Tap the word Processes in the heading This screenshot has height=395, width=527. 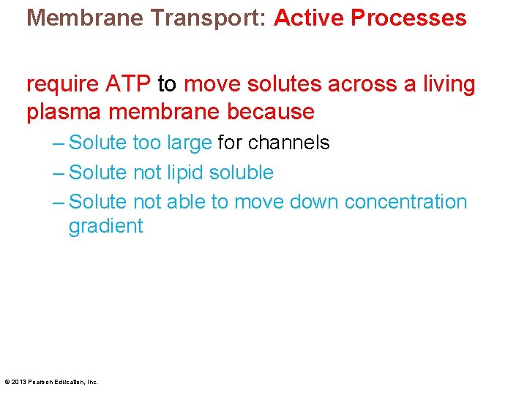[408, 18]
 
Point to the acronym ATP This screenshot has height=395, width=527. [130, 85]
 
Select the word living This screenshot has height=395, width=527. [448, 85]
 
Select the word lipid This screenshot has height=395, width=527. [186, 173]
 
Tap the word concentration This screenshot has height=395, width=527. [405, 202]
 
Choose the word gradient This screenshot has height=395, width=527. [105, 227]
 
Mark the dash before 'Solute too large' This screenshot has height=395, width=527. [59, 143]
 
